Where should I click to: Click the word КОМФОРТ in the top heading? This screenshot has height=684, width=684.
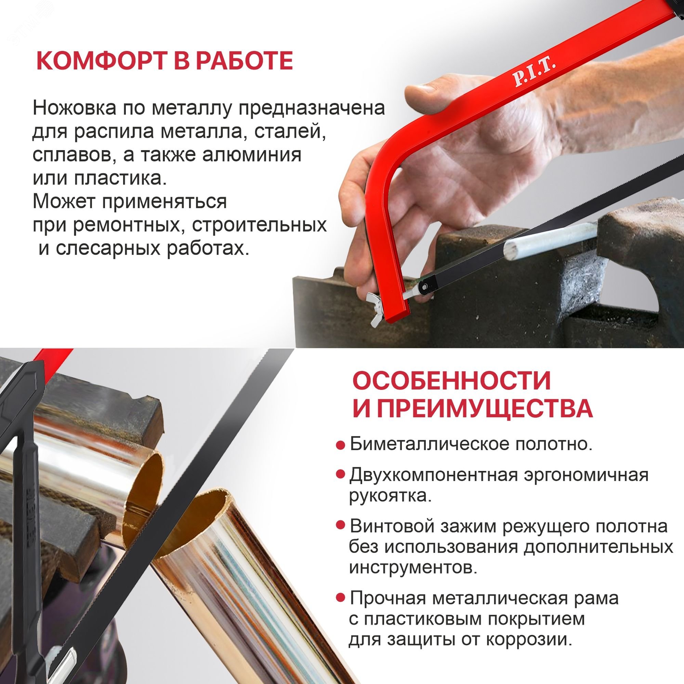click(x=100, y=61)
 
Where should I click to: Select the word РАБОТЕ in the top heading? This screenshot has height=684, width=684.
click(x=244, y=61)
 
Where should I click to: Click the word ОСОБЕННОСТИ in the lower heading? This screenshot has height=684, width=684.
click(x=451, y=381)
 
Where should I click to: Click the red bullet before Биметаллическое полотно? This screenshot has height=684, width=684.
click(x=340, y=445)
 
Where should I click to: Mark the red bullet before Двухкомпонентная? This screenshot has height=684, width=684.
click(x=340, y=474)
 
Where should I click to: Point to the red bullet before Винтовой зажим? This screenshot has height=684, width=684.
click(x=340, y=525)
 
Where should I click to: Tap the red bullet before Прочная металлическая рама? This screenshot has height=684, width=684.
click(x=340, y=598)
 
